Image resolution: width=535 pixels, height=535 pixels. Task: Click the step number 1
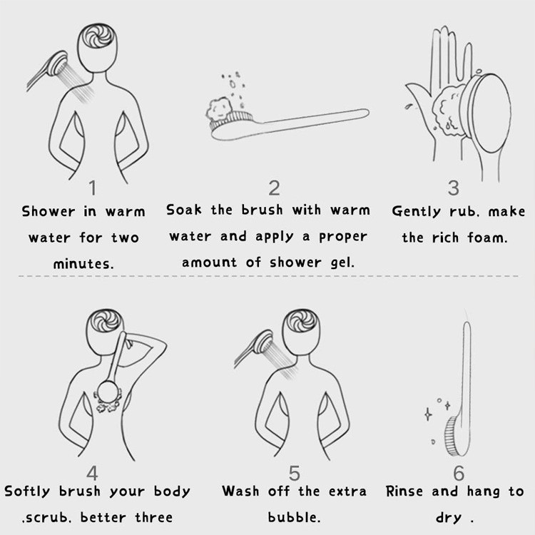pos(93,188)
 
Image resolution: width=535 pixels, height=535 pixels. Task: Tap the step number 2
pos(275,188)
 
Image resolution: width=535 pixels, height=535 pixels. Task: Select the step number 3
pos(454,188)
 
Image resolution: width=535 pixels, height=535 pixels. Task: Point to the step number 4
pos(92,473)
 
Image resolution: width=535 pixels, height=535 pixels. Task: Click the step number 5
pos(294,473)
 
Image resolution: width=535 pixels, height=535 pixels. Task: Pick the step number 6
pos(459,473)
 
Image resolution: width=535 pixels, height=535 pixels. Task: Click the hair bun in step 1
pos(98,36)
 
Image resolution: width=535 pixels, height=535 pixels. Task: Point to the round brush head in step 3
pos(486,108)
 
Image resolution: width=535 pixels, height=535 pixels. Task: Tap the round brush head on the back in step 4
pos(108,392)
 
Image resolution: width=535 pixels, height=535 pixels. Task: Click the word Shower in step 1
pos(49,212)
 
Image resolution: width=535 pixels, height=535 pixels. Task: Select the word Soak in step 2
pos(184,210)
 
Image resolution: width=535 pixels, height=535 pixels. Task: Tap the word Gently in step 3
pos(417,212)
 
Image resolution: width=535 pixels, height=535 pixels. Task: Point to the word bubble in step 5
pos(294,517)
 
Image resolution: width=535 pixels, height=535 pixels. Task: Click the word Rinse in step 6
pos(404,491)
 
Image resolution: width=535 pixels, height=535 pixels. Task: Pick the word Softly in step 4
pos(27,491)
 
